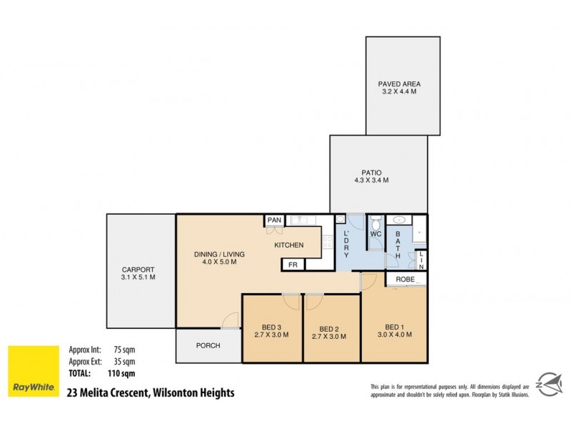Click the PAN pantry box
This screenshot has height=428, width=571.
tap(274, 220)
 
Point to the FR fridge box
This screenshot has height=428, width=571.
tap(292, 265)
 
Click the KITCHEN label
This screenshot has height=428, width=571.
tap(289, 245)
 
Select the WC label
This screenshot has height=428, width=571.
tap(376, 233)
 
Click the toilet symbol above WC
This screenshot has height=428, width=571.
tap(375, 220)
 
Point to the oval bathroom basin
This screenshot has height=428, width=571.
tap(400, 220)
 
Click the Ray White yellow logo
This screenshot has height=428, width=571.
tap(34, 371)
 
